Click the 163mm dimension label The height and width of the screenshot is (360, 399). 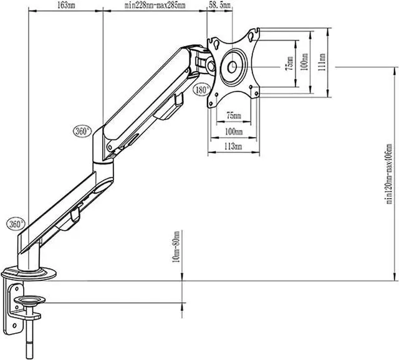[66, 6]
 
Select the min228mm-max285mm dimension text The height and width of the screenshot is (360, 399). [155, 6]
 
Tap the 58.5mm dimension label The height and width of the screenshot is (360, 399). [219, 5]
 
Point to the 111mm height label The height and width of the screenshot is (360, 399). [322, 62]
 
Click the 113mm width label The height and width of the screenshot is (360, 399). [233, 146]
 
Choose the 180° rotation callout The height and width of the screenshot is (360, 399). [202, 90]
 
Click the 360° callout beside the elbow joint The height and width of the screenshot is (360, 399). [82, 131]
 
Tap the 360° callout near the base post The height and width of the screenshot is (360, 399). [16, 224]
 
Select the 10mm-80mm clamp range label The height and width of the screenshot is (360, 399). [176, 247]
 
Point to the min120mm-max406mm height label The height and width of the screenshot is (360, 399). [389, 174]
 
